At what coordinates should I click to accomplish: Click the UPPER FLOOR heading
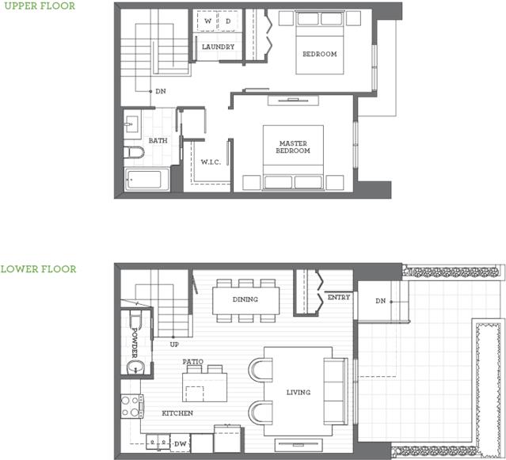pos(40,6)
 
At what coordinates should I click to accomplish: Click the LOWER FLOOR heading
pos(38,269)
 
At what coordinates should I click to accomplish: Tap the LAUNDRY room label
pos(218,47)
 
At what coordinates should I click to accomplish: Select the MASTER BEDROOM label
pos(293,146)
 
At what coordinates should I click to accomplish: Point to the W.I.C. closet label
pos(211,162)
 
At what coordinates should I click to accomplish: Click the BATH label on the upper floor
pos(158,141)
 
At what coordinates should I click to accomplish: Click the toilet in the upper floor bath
pos(134,152)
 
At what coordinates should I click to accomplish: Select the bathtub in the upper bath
pos(146,180)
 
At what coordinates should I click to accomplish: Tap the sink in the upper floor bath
pos(131,124)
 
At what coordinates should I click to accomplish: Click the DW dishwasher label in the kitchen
pos(180,444)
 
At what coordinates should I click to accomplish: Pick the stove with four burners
pos(132,406)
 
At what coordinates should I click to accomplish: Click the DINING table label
pos(245,299)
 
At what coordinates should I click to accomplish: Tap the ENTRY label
pos(339,297)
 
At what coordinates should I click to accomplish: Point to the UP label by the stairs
pos(174,344)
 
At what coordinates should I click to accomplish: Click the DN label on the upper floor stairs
pos(161,91)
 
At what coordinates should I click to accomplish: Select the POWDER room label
pos(135,343)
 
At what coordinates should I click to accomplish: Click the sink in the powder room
pos(136,367)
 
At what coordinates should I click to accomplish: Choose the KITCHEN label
pos(177,413)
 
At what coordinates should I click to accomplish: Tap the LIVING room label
pos(299,392)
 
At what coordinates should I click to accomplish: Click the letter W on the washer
pos(207,21)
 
